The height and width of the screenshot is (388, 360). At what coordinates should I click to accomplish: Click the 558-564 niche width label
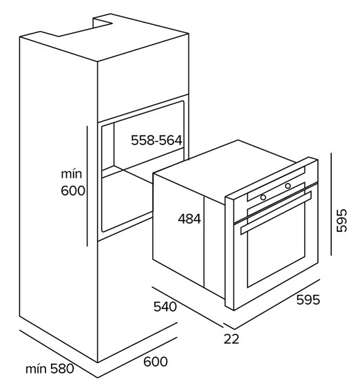pos(156,140)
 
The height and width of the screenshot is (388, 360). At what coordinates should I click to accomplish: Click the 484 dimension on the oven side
pos(189,219)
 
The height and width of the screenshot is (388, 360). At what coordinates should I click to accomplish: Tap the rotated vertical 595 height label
pos(341,220)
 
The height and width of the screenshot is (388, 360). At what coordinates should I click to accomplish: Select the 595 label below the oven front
pos(308,300)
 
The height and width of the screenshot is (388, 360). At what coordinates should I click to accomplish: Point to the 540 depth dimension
pos(165,307)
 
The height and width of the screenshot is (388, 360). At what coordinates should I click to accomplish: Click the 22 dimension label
pos(231,338)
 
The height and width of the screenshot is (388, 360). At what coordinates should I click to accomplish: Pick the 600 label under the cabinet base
pos(156,362)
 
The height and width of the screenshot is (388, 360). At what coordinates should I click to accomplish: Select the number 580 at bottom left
pos(62,369)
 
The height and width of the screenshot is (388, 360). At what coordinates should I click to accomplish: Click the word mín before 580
pos(36,369)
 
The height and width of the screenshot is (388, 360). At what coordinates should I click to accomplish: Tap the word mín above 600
pos(72,174)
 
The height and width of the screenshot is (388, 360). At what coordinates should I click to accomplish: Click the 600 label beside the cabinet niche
pos(73,191)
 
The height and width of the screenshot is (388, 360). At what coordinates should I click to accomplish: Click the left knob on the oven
pos(263,197)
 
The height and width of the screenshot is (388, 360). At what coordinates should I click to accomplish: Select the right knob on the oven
pos(288,186)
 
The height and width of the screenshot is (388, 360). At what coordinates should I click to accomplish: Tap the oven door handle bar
pos(275,213)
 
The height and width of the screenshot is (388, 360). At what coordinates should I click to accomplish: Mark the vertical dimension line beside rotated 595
pos(331,204)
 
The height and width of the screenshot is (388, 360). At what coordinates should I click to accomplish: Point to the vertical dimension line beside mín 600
pos(87,186)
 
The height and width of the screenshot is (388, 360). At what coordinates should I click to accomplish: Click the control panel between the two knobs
pos(275,191)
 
